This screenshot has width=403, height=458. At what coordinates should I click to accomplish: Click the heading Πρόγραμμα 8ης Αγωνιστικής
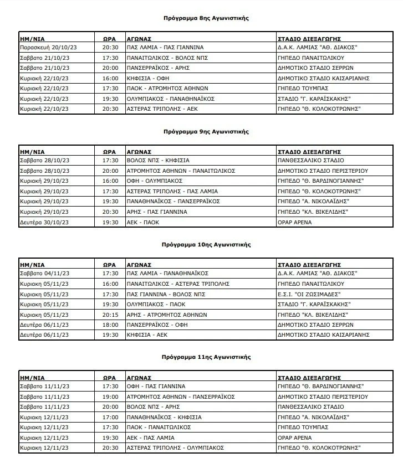pos(206,18)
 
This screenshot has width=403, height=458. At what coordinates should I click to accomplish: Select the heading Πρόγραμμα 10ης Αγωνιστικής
pos(206,244)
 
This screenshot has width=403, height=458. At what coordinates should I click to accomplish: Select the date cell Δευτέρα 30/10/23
pos(44,222)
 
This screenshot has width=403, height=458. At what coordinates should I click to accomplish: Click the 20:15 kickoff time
pos(111,314)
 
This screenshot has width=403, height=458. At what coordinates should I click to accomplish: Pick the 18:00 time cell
pos(111,325)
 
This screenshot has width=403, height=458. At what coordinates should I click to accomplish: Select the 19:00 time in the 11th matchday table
pos(111,397)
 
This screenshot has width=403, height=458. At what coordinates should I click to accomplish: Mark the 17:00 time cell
pos(111,416)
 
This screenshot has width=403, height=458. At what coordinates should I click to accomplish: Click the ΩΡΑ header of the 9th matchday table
pos(109,151)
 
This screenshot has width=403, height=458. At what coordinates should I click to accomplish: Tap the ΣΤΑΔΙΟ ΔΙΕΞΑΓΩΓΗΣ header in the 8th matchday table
pos(309,38)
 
